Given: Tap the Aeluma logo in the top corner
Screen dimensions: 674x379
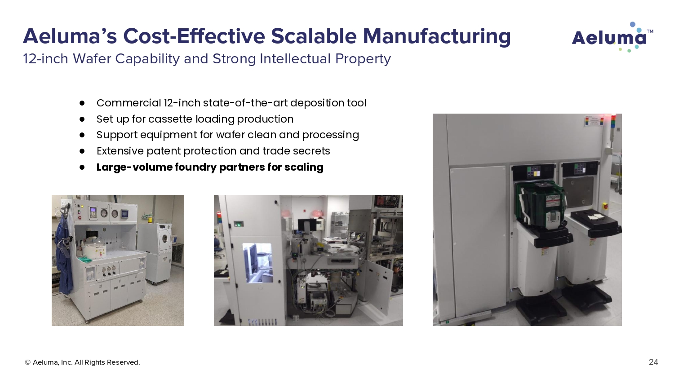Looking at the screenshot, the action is click(x=612, y=37).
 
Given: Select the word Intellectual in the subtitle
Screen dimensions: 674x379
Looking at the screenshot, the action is click(x=295, y=59).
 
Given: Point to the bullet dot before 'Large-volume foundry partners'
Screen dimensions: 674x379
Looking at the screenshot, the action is click(x=82, y=167).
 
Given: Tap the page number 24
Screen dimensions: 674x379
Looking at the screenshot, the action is click(x=653, y=362).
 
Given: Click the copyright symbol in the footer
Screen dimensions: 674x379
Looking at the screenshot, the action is click(x=27, y=362).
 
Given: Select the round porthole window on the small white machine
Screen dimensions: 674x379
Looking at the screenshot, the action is click(x=164, y=239).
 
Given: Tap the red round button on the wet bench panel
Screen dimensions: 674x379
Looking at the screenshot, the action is click(x=80, y=217).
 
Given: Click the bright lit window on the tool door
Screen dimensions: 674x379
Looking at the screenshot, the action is click(x=257, y=263).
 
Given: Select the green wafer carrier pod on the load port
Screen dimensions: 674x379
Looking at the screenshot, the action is click(x=540, y=204).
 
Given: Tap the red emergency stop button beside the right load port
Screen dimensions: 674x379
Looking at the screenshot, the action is click(x=605, y=207).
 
